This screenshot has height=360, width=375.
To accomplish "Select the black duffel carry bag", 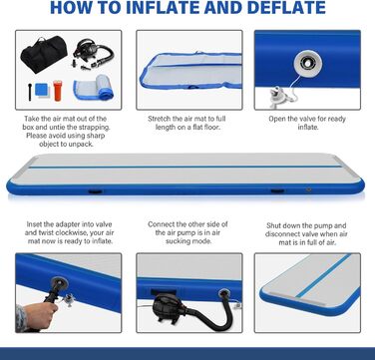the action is tap(44, 54).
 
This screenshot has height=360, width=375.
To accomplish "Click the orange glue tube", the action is tap(58, 90).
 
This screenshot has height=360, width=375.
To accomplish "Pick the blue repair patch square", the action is tap(42, 90).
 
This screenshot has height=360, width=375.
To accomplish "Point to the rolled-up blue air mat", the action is tap(94, 88).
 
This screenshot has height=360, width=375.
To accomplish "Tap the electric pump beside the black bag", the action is tap(93, 53).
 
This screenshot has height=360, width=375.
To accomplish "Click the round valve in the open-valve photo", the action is tap(307, 62).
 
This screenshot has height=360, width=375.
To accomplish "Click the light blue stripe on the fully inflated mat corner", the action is tap(322, 276).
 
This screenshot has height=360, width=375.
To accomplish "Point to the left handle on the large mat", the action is tap(95, 191).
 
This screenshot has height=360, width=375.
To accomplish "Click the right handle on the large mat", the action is tap(277, 191).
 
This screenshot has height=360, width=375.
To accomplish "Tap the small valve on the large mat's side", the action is tap(309, 189).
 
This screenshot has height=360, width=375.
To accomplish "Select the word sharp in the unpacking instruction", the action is tap(96, 136).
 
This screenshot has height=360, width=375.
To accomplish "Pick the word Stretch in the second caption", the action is tap(160, 119).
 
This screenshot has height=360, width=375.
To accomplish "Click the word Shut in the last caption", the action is tap(273, 225).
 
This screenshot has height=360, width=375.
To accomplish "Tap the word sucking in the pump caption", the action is tap(178, 241).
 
